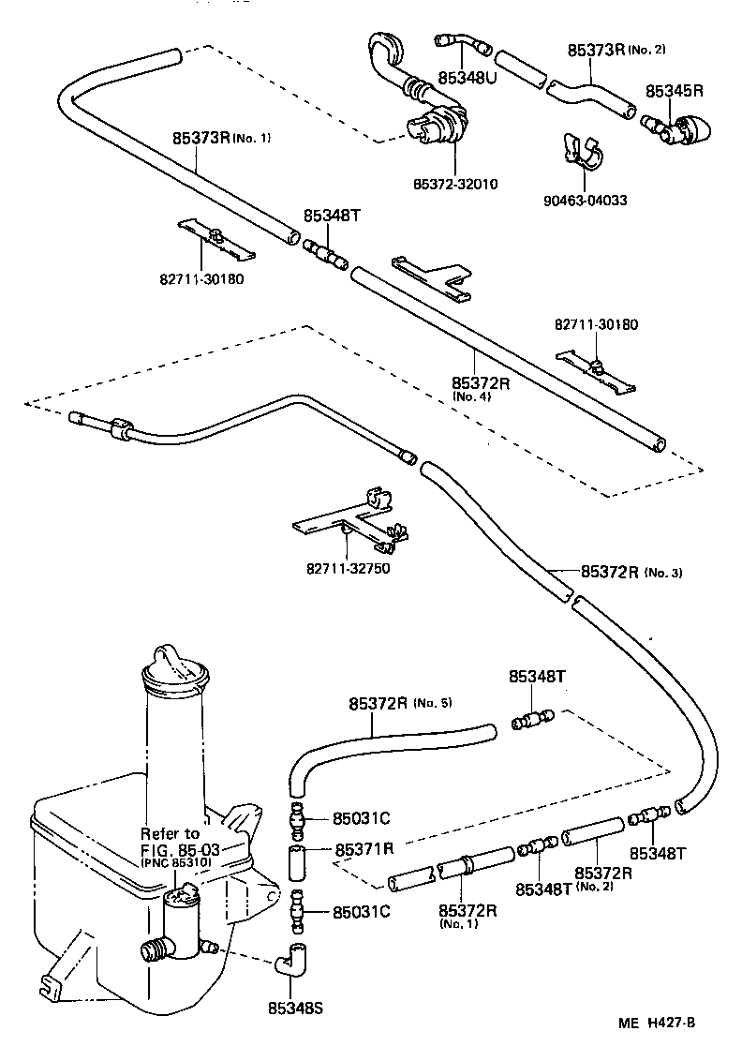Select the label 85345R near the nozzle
(674, 91)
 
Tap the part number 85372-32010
(455, 184)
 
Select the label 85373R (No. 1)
(221, 138)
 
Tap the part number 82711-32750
(348, 569)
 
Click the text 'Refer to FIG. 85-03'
(171, 842)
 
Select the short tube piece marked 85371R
(298, 860)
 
